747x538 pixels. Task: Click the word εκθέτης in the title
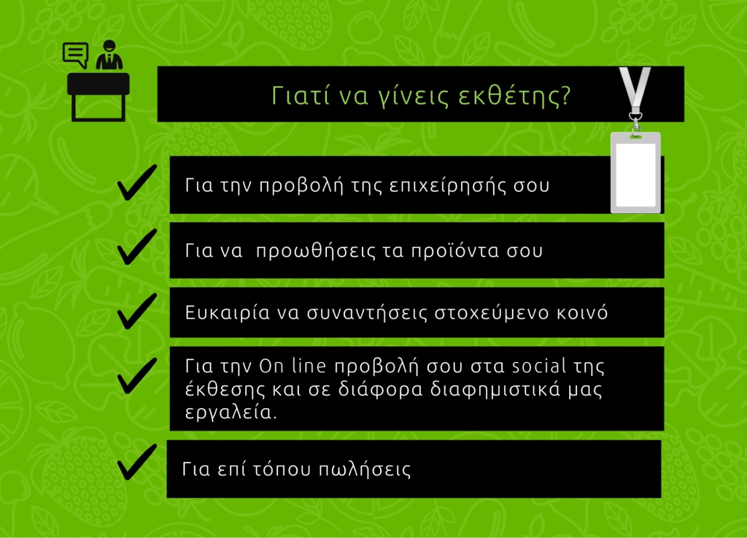pyautogui.click(x=514, y=96)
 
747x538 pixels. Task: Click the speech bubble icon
pyautogui.click(x=75, y=55)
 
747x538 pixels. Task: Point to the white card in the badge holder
pyautogui.click(x=635, y=174)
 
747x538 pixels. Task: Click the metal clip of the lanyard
pyautogui.click(x=635, y=123)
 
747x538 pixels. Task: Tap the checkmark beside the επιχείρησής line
pyautogui.click(x=137, y=182)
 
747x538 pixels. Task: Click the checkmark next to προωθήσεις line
pyautogui.click(x=137, y=247)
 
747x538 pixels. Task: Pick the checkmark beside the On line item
pyautogui.click(x=137, y=376)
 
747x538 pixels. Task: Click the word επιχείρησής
pyautogui.click(x=446, y=186)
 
